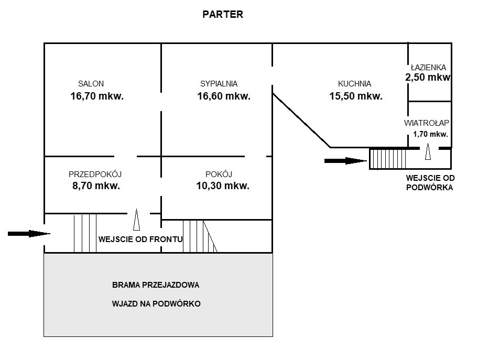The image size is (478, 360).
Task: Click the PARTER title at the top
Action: coord(223,15)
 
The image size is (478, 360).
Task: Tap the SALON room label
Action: coord(91,84)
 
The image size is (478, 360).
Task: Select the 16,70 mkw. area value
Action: coord(97,96)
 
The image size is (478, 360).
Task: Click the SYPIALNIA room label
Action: coord(219,84)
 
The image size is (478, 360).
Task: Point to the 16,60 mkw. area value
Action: coord(224,96)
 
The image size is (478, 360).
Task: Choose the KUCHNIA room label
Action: coord(354,84)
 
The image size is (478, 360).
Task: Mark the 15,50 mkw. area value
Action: coord(356,96)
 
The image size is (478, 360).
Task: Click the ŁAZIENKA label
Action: coord(428,68)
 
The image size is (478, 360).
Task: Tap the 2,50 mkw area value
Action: coord(428,78)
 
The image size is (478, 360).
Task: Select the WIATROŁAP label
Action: coord(426,124)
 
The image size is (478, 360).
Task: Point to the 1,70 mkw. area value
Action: coord(430,134)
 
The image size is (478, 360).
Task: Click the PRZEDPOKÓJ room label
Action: coord(95,174)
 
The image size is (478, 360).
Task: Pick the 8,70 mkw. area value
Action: coord(97,186)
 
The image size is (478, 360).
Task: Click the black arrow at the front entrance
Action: coord(28,233)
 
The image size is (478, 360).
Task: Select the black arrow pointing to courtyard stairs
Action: coord(345,160)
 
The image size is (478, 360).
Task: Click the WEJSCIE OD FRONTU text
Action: coord(140,239)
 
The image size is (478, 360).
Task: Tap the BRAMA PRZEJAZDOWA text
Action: coord(156,286)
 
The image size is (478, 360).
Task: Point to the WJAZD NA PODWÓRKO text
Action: coord(156,303)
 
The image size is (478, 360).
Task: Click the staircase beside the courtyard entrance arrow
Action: coord(388,158)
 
